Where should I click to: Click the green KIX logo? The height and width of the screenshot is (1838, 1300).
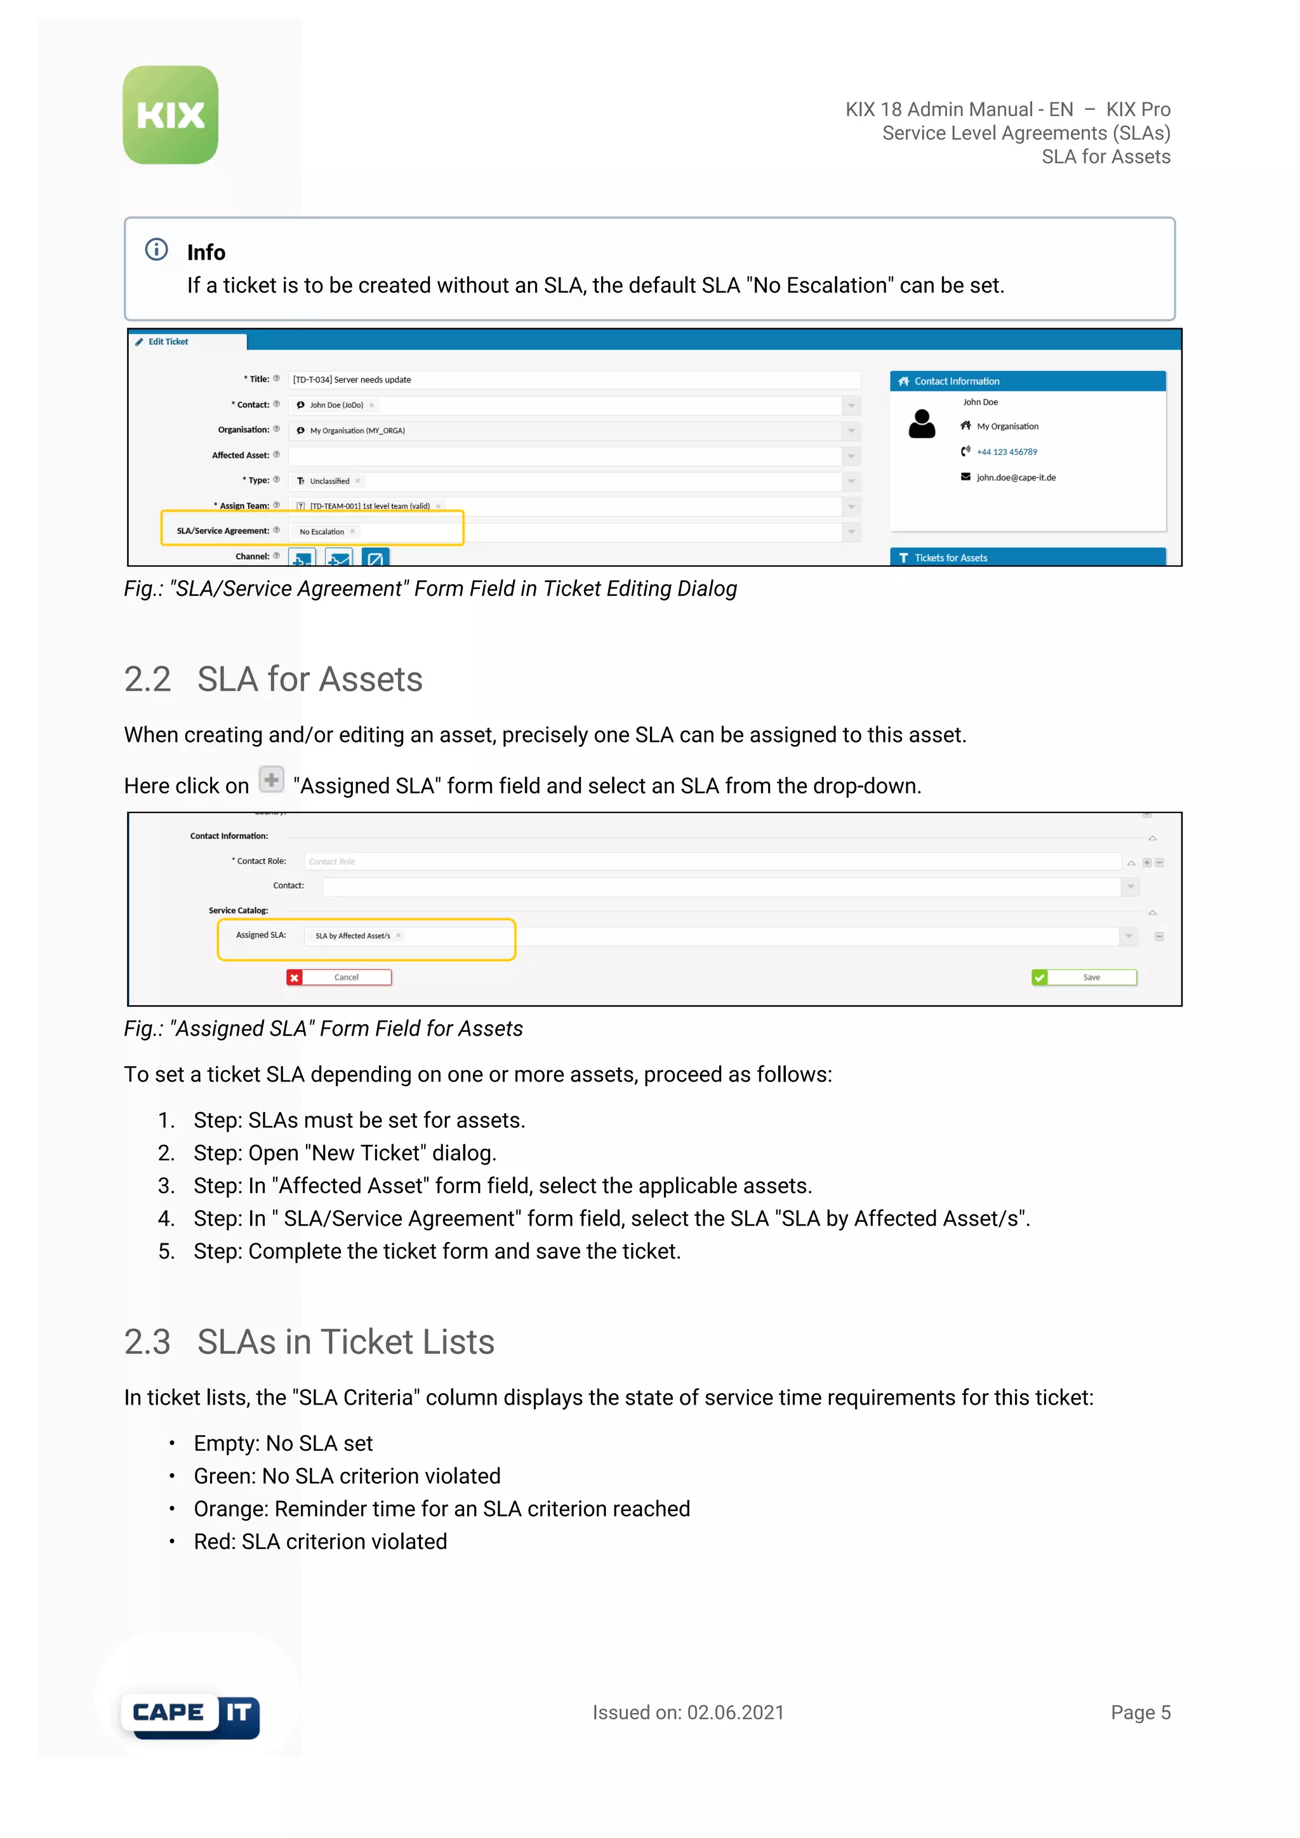click(171, 116)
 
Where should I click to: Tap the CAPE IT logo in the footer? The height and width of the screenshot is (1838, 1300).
click(191, 1715)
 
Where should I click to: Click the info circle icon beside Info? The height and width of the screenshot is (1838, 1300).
click(156, 250)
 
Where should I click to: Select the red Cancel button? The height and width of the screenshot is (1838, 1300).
click(340, 977)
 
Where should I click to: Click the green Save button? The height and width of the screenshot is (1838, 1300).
click(1084, 977)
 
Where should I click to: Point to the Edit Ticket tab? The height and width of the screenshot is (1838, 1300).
click(168, 342)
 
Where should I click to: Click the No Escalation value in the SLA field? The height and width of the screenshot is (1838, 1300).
click(322, 532)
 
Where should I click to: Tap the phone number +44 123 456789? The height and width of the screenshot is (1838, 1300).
click(1006, 453)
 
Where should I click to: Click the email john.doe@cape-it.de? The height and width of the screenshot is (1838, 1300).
click(1015, 478)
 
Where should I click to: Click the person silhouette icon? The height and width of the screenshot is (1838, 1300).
click(922, 425)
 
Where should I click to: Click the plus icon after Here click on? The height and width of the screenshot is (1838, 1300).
click(272, 779)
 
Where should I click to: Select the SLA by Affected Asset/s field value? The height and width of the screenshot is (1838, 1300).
click(353, 936)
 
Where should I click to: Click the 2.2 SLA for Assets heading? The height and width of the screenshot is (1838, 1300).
click(273, 680)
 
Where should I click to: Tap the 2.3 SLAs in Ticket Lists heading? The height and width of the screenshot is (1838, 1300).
click(309, 1342)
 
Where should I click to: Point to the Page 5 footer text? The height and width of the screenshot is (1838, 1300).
click(1140, 1712)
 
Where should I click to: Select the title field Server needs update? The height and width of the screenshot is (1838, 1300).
click(373, 380)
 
